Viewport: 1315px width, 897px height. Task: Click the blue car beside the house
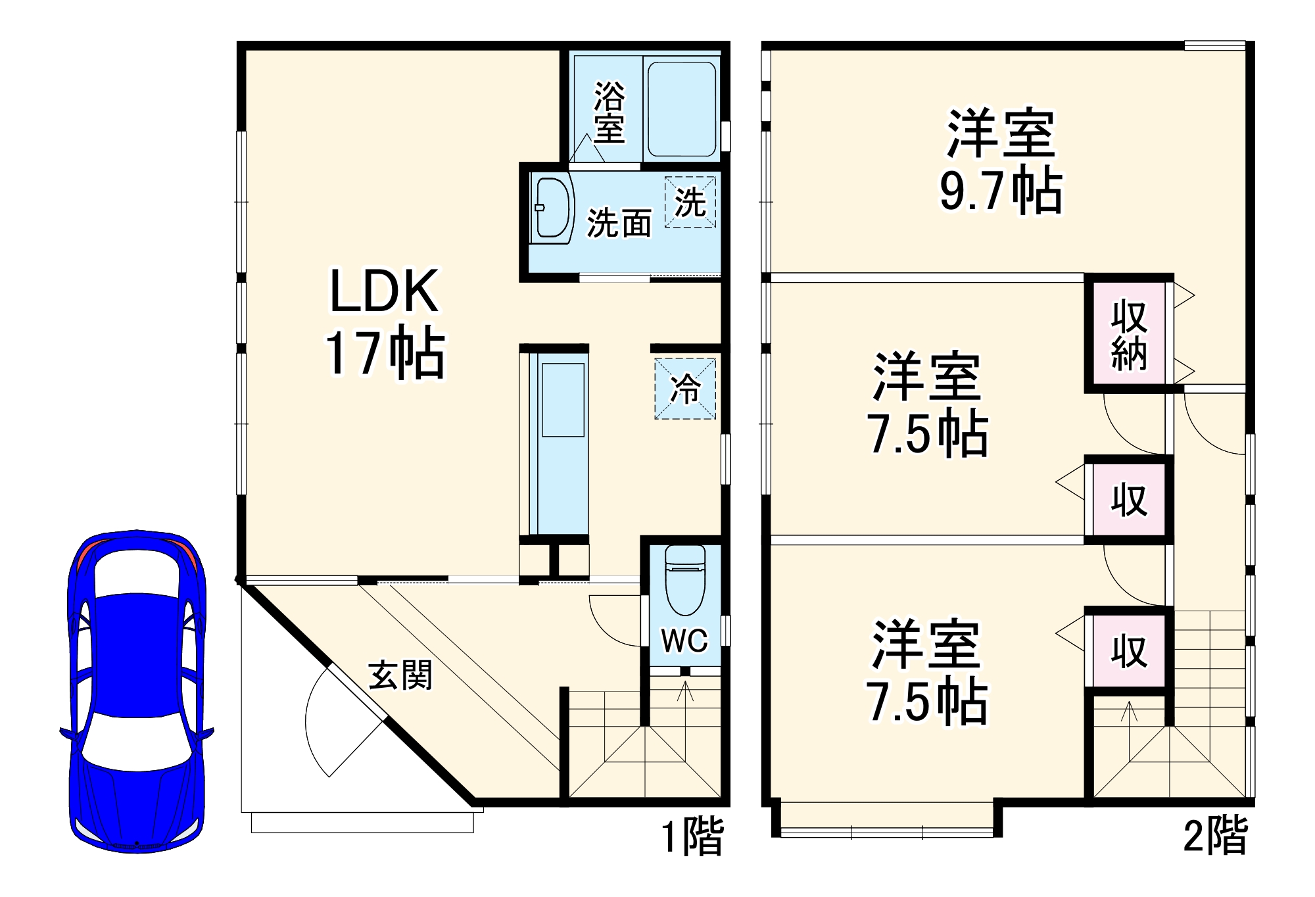click(137, 691)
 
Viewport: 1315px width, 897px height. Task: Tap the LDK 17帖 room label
click(385, 322)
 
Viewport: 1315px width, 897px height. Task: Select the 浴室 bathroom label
click(609, 112)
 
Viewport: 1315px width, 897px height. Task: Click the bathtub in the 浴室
click(681, 109)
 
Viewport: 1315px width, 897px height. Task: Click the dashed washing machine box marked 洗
click(690, 202)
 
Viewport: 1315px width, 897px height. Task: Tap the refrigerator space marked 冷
click(685, 388)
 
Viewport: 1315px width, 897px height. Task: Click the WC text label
click(684, 640)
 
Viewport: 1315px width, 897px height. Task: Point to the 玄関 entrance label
click(400, 675)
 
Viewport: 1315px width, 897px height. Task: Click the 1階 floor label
click(692, 836)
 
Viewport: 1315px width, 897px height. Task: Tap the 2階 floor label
click(1215, 836)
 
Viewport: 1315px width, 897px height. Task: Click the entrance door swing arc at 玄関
click(316, 723)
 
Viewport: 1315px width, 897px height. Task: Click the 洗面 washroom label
click(619, 224)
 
